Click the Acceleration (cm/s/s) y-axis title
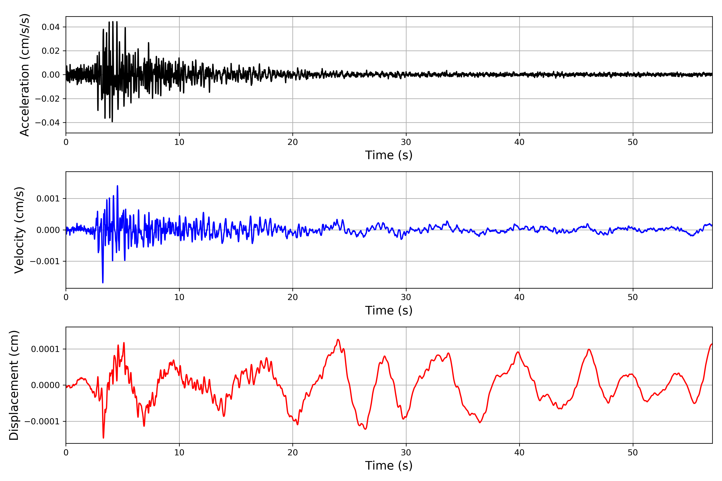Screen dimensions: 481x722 (x=24, y=75)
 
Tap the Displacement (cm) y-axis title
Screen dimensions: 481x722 (x=14, y=385)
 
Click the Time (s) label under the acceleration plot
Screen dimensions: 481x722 (x=389, y=155)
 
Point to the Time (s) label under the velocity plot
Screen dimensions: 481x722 (x=389, y=310)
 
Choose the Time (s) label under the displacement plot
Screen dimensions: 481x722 (x=389, y=466)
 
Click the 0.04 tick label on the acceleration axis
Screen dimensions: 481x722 (x=51, y=27)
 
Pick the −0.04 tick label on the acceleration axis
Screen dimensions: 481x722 (x=47, y=123)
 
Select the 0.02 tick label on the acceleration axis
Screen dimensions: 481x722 (x=51, y=51)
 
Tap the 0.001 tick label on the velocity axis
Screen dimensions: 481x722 (x=48, y=199)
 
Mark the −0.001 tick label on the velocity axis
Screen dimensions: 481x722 (x=45, y=261)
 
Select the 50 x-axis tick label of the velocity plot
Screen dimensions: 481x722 (x=633, y=297)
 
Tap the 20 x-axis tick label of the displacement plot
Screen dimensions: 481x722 (x=293, y=453)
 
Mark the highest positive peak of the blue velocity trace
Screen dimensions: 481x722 (x=118, y=186)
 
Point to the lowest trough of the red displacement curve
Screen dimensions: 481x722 (x=103, y=438)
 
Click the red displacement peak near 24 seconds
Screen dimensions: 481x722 (x=338, y=340)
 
